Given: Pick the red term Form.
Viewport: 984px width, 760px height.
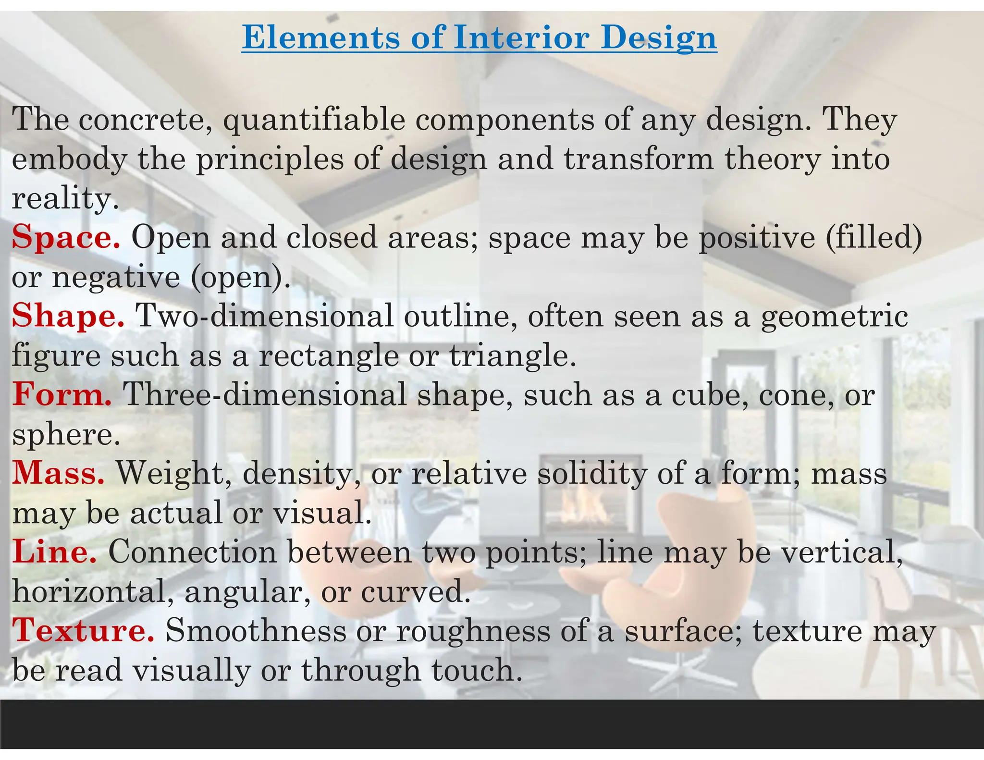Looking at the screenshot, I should (x=62, y=395).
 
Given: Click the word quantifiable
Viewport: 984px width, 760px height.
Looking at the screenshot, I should (x=314, y=120).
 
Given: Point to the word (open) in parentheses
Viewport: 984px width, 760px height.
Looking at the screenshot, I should (x=241, y=277).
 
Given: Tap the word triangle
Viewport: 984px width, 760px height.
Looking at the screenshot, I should (x=512, y=356).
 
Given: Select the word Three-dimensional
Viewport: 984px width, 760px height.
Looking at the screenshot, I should (x=265, y=395).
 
